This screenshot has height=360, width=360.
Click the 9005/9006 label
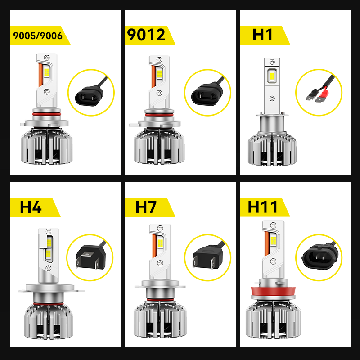(x=38, y=36)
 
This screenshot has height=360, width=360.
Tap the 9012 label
(x=147, y=35)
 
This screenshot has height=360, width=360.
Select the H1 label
(x=263, y=35)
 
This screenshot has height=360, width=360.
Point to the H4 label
(x=31, y=207)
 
